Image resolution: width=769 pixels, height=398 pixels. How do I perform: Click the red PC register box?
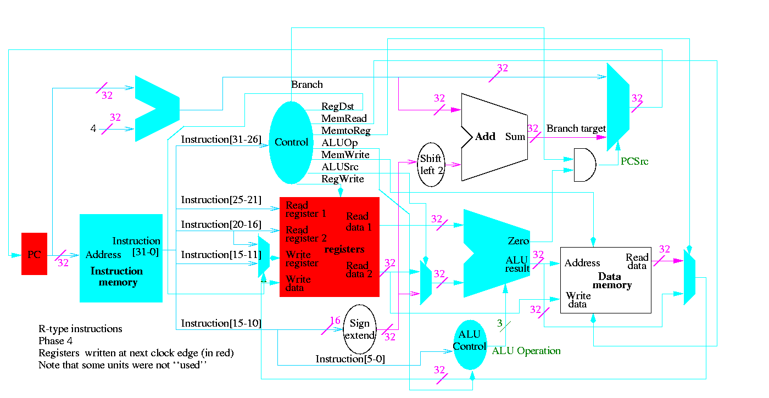tap(34, 254)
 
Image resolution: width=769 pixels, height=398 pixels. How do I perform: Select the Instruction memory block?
tap(121, 258)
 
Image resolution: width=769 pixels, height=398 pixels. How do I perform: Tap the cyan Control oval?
tap(291, 143)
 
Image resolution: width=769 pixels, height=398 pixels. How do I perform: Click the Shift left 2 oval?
tap(431, 164)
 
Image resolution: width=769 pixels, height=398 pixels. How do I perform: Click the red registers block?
tap(330, 247)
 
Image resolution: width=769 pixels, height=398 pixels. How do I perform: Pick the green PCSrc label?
tap(634, 162)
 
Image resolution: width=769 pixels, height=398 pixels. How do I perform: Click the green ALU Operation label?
tap(526, 351)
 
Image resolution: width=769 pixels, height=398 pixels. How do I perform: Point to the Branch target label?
tap(576, 128)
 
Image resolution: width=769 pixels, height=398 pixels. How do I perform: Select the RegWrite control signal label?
tap(343, 179)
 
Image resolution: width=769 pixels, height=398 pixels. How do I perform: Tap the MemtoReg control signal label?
tap(346, 131)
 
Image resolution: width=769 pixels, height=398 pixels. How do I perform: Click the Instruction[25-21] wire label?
tap(221, 200)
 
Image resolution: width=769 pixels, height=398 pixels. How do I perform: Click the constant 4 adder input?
tap(93, 129)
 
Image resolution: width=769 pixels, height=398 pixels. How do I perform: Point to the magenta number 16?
tap(335, 321)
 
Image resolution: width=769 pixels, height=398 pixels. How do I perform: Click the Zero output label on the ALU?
tap(519, 241)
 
